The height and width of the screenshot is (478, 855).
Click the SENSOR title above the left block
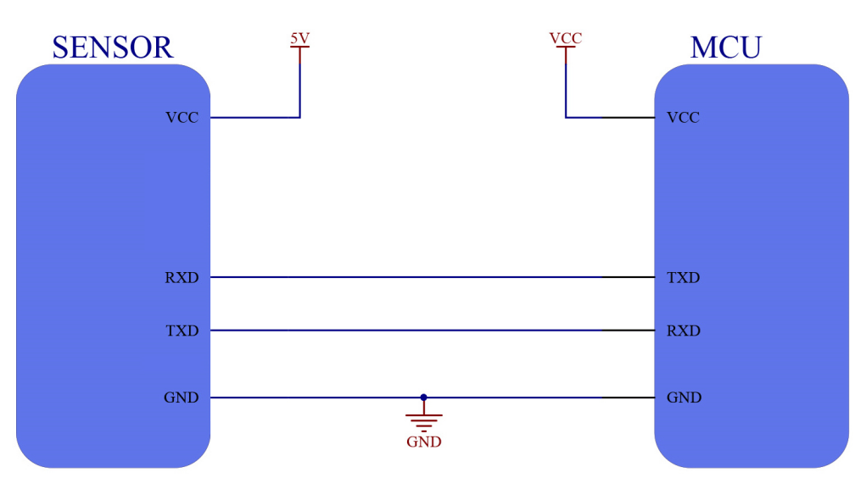pyautogui.click(x=112, y=47)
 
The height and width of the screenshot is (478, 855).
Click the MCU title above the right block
pyautogui.click(x=725, y=47)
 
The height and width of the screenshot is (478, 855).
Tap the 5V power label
pyautogui.click(x=299, y=38)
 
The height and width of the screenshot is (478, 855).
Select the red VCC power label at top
pyautogui.click(x=566, y=38)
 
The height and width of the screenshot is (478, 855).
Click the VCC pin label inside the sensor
pyautogui.click(x=182, y=118)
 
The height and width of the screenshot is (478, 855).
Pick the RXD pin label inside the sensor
pyautogui.click(x=182, y=277)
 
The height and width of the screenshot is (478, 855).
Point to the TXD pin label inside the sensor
pyautogui.click(x=182, y=331)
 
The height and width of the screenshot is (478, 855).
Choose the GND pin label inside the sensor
pyautogui.click(x=181, y=397)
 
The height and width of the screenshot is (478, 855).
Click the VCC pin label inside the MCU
pyautogui.click(x=684, y=118)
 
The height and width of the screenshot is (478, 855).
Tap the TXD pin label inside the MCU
pyautogui.click(x=684, y=277)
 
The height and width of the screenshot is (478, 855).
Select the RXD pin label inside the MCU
pyautogui.click(x=684, y=331)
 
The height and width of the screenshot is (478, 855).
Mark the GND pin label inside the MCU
pyautogui.click(x=684, y=397)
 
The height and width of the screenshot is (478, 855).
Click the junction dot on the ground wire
pyautogui.click(x=423, y=397)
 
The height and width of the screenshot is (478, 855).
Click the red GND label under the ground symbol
pyautogui.click(x=423, y=442)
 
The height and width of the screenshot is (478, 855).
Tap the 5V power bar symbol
pyautogui.click(x=299, y=48)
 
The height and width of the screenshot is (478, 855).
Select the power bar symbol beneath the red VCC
pyautogui.click(x=566, y=48)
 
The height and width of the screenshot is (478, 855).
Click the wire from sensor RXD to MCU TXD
pyautogui.click(x=424, y=277)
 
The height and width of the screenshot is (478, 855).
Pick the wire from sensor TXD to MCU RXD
pyautogui.click(x=424, y=331)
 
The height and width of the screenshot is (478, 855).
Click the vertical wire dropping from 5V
pyautogui.click(x=299, y=85)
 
